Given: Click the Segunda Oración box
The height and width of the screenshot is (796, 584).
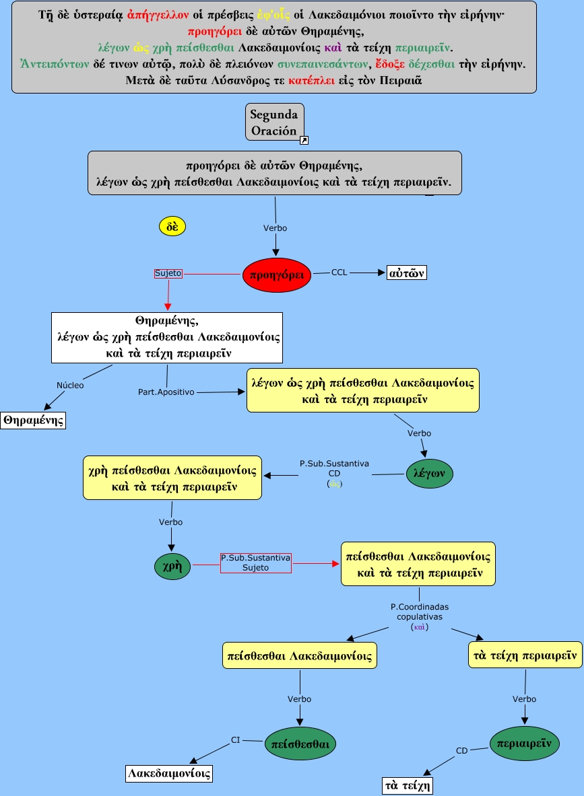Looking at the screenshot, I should pos(274,120).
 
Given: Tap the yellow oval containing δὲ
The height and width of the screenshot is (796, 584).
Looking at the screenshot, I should pos(172,226).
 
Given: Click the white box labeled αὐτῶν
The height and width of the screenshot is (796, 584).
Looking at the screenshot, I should pos(408,273).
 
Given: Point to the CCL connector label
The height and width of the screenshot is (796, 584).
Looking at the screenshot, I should pos(339,273).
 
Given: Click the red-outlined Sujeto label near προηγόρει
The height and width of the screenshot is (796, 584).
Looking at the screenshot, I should pos(168,273).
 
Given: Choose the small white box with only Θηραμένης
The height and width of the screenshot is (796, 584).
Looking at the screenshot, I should pos(33,421).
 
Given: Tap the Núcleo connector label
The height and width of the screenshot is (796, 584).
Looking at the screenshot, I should pos(70,385).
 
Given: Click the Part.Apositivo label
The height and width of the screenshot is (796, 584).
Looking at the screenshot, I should pos(166,391).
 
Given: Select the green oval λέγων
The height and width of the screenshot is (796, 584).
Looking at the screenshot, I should pos(430,474).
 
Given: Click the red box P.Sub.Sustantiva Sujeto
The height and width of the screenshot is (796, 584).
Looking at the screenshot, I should pos(255,563).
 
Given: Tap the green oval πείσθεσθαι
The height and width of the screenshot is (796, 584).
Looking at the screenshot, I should pos(300,744).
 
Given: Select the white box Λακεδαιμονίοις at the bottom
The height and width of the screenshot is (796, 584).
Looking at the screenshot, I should pos(169,774).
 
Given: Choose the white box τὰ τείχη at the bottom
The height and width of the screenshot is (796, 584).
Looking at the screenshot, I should pos(408,785).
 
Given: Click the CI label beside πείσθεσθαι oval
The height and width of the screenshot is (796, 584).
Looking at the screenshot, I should pos(236,740).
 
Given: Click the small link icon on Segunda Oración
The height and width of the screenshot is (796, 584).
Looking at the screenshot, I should pos(304,140).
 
